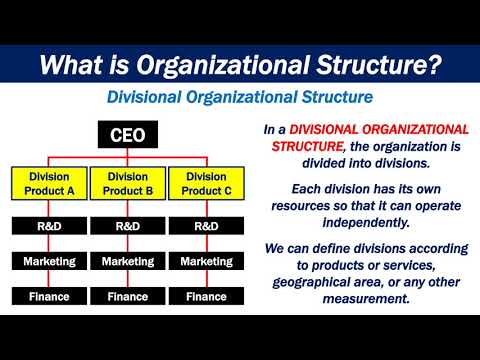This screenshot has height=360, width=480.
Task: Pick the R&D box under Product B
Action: point(127,227)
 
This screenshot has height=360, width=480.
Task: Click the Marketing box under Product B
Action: point(127,262)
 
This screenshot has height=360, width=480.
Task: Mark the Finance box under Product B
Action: point(127,296)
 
